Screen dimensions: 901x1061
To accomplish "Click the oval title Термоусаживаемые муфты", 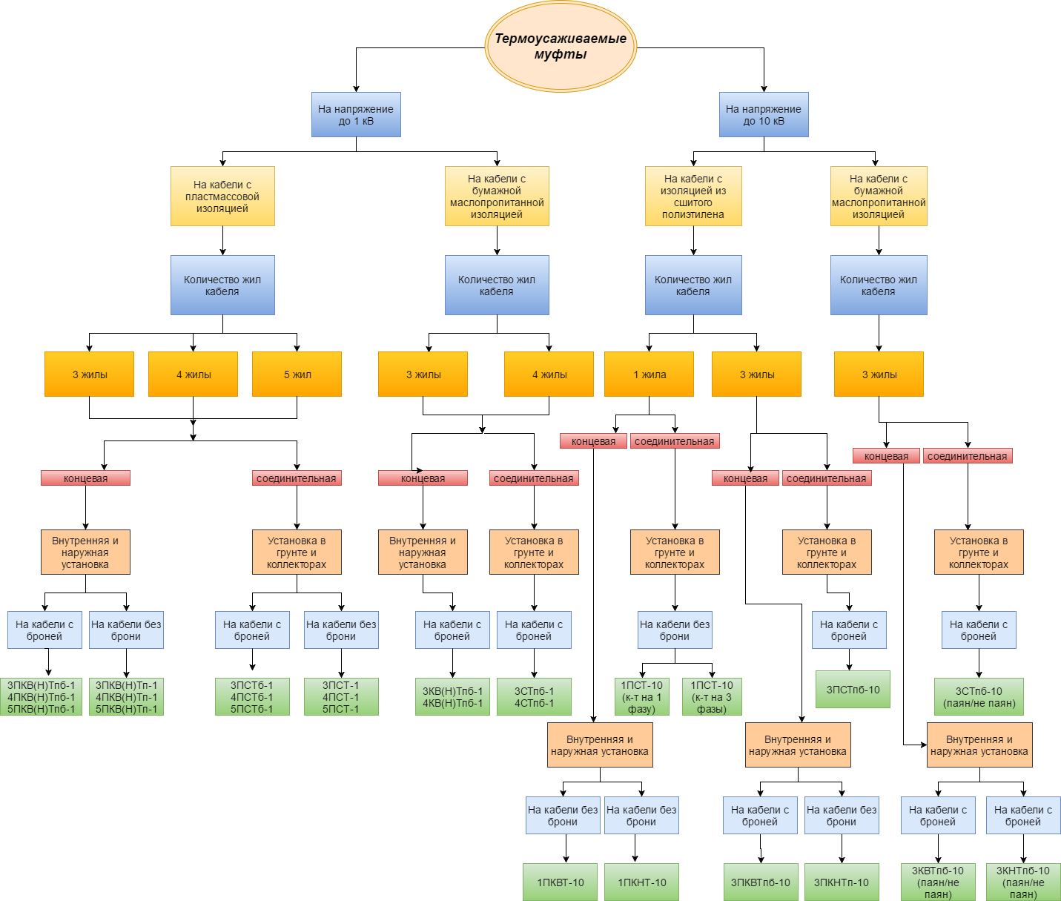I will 561,47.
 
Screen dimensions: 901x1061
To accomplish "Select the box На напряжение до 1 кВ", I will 356,115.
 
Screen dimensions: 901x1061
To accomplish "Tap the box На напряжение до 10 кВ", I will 764,115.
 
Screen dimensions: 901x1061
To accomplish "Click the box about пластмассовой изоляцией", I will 222,197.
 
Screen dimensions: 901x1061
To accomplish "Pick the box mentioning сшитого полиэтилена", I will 693,197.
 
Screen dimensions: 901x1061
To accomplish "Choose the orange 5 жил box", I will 297,374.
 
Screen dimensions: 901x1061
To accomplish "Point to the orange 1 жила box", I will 649,374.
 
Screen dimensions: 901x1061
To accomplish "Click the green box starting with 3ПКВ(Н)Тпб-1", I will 42,697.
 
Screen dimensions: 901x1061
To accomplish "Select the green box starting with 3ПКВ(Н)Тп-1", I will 126,697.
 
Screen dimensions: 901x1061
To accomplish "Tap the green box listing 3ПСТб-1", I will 252,697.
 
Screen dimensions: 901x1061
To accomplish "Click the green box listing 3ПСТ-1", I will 341,697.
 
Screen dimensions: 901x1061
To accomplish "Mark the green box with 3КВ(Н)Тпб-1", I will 452,697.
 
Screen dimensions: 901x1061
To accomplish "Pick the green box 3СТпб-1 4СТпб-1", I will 534,697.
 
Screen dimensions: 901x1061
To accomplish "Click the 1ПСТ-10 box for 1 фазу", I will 642,697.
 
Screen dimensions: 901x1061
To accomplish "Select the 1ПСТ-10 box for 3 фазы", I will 712,697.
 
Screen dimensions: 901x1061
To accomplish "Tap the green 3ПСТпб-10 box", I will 853,690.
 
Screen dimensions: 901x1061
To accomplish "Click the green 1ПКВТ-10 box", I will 561,882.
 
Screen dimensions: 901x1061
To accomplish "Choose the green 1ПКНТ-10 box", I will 642,882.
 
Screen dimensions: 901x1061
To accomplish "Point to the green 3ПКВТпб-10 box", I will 761,882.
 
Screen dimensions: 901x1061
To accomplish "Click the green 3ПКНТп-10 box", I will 842,882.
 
